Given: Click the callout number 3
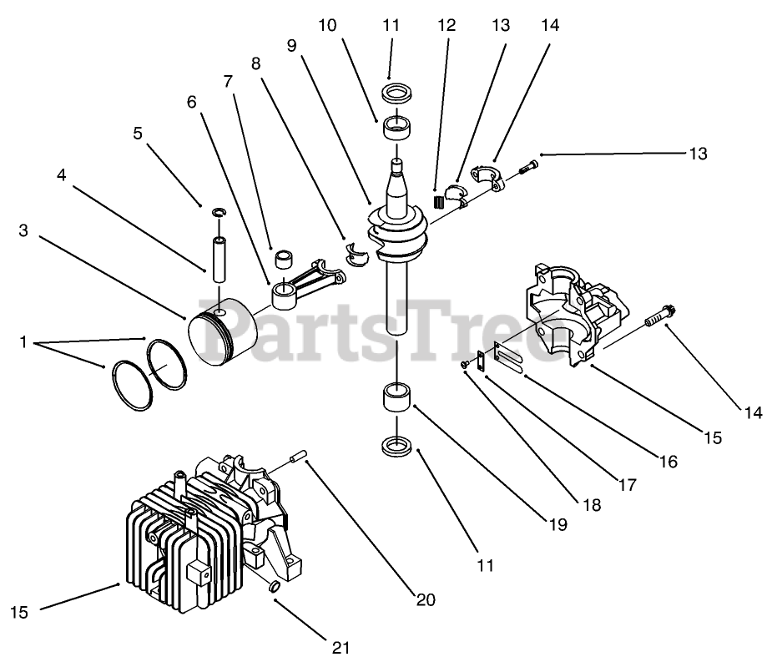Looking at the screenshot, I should [23, 230].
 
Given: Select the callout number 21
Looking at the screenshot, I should [341, 647].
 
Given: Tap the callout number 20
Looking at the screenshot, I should [426, 599].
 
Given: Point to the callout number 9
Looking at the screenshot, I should [291, 46].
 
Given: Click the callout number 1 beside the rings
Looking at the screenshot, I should [23, 341].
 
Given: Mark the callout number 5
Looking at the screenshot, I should [138, 133].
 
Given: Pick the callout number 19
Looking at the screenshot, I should [558, 525].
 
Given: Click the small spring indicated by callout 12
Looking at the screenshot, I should [437, 200].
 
